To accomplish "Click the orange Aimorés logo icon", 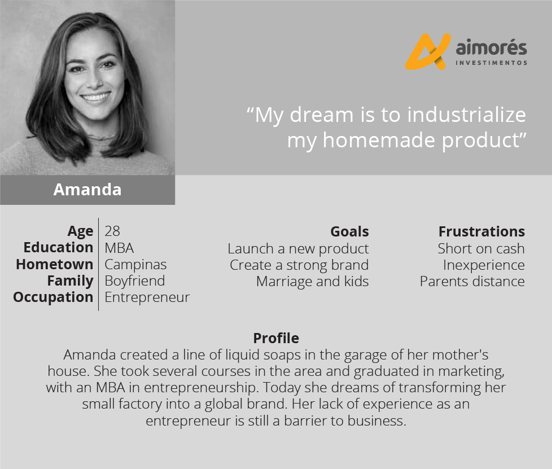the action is pyautogui.click(x=428, y=51).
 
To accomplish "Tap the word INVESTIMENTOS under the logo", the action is pyautogui.click(x=492, y=63).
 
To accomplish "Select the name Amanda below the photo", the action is pyautogui.click(x=87, y=190).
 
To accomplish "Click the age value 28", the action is pyautogui.click(x=112, y=231).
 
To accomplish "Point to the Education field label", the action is pyautogui.click(x=59, y=247).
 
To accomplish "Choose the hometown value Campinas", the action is pyautogui.click(x=135, y=265).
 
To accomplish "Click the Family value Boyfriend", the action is pyautogui.click(x=135, y=280).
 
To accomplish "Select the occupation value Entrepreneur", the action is pyautogui.click(x=147, y=297).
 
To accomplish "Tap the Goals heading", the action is pyautogui.click(x=349, y=231).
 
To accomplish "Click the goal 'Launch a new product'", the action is pyautogui.click(x=298, y=248).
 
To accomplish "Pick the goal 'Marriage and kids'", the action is pyautogui.click(x=313, y=281).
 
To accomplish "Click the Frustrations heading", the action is pyautogui.click(x=481, y=231).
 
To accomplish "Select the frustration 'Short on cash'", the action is pyautogui.click(x=481, y=248).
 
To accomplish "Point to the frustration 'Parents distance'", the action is pyautogui.click(x=472, y=281).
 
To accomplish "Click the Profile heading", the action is pyautogui.click(x=276, y=338).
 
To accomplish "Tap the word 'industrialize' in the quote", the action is pyautogui.click(x=466, y=115).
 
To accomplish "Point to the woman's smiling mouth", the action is pyautogui.click(x=96, y=96).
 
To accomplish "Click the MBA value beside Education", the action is pyautogui.click(x=119, y=248).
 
